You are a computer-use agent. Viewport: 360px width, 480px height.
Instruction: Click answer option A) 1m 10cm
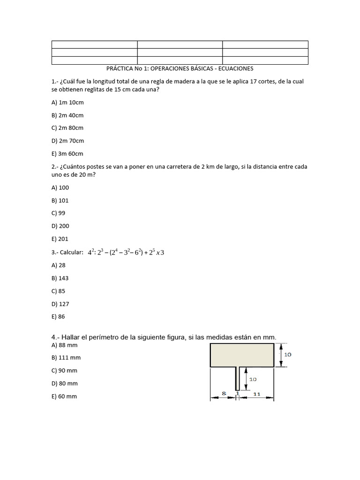coord(67,102)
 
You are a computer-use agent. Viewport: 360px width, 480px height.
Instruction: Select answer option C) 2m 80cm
coord(67,127)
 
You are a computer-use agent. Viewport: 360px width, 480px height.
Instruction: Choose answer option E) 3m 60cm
coord(67,153)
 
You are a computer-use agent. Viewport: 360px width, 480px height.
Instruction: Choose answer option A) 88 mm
coord(64,345)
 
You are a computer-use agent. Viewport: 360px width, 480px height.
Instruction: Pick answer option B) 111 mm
coord(66,358)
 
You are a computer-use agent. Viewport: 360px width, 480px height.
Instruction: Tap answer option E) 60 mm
coord(64,396)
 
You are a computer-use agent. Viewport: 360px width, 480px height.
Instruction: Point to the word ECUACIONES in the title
coord(232,68)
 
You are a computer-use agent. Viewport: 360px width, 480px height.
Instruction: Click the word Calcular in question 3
coord(71,252)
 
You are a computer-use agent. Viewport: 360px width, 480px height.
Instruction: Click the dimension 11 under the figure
coord(256,394)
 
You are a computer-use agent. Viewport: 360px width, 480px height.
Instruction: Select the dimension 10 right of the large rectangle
coord(287,355)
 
